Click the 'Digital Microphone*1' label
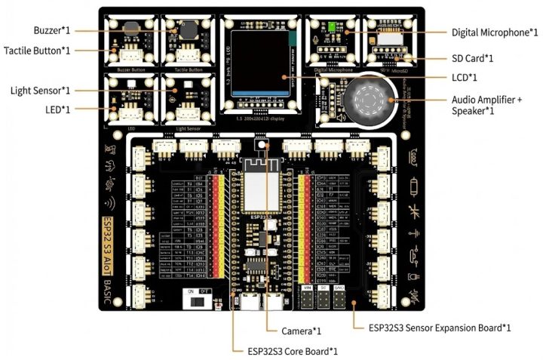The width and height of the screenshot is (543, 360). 495,32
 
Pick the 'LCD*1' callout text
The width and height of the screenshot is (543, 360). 465,77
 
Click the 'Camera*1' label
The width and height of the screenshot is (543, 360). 301,331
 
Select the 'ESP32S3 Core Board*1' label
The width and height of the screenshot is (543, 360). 292,351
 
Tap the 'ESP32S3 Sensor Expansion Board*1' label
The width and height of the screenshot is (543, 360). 440,328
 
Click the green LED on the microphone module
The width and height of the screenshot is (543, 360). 332,29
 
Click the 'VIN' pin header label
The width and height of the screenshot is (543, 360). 307,288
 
